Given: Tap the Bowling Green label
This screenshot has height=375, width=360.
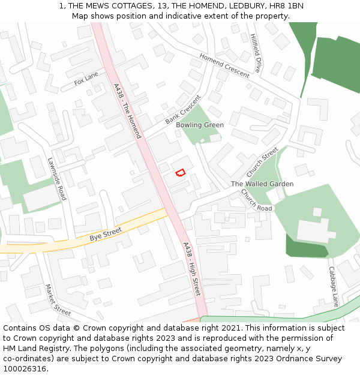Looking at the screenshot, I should click(204, 125).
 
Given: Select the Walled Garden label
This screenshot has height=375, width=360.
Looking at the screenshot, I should click(262, 184).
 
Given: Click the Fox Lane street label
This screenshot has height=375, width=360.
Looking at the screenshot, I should click(86, 79).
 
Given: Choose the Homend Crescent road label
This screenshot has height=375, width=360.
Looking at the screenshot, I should click(224, 65).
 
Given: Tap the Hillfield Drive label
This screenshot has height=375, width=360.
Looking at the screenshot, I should click(255, 53).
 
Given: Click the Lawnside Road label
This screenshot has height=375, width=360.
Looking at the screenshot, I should click(58, 179).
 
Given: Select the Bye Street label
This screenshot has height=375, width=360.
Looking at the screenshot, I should click(106, 234).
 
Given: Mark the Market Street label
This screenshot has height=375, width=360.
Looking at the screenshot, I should click(58, 300).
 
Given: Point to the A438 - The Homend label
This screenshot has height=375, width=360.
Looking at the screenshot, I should click(127, 111).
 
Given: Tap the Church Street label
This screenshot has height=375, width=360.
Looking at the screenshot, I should click(262, 162).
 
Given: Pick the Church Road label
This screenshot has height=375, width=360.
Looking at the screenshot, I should click(256, 200).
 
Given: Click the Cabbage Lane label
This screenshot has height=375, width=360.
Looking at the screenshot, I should click(333, 287).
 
